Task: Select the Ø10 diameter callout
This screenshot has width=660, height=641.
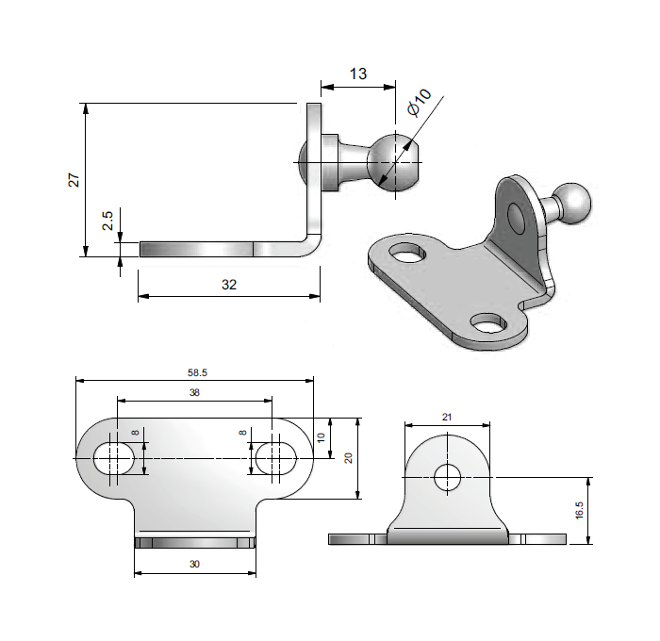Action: click(419, 102)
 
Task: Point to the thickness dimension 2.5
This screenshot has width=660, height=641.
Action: click(107, 221)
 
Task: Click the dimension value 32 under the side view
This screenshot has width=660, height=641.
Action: click(227, 284)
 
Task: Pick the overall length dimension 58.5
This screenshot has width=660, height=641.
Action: click(194, 373)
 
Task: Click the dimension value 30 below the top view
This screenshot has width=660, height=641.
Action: click(194, 564)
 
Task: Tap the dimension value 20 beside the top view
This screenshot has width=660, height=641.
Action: click(348, 458)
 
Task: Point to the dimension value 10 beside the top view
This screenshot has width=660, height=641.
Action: click(321, 437)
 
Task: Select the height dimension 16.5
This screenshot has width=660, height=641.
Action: click(579, 510)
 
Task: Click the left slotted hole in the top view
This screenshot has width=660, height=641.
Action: click(114, 458)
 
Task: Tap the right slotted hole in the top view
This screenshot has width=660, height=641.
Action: click(274, 458)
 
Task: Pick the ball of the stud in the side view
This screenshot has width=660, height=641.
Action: click(394, 162)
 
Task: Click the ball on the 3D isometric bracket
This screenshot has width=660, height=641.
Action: click(572, 202)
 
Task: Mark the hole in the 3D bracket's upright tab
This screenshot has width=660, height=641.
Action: click(517, 218)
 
